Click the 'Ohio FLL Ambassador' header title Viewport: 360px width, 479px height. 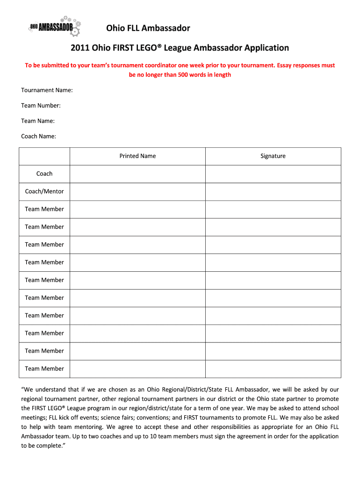pos(148,29)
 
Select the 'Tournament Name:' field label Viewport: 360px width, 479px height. pos(47,90)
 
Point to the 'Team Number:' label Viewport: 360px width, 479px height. pos(41,105)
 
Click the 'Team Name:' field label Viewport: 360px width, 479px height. pos(38,121)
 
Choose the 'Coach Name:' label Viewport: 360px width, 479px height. pos(39,136)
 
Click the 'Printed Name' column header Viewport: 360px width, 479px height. pos(137,156)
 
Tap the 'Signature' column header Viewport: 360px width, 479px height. pos(273,156)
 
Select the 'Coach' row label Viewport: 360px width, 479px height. pos(44,174)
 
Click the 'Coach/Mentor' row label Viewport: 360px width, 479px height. pos(44,191)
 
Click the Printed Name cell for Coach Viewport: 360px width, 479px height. pos(137,174)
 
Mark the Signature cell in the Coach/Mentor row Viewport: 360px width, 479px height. pos(273,191)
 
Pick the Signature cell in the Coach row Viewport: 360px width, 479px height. pos(273,174)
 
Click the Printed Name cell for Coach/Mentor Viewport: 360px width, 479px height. pos(137,191)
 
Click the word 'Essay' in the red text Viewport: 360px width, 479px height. pos(285,65)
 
